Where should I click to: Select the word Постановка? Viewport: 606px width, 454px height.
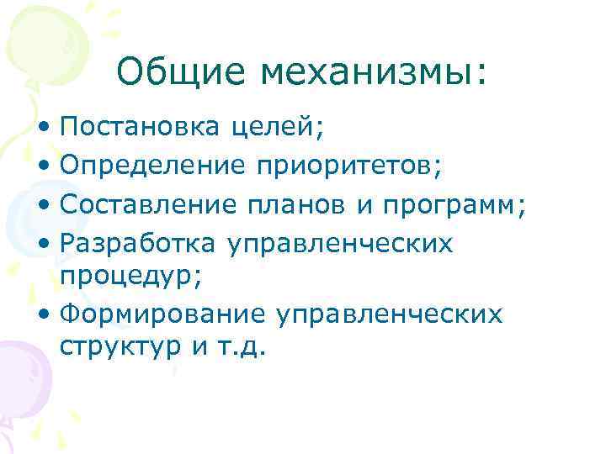point(139,128)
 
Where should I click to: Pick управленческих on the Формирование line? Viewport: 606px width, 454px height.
point(388,314)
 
